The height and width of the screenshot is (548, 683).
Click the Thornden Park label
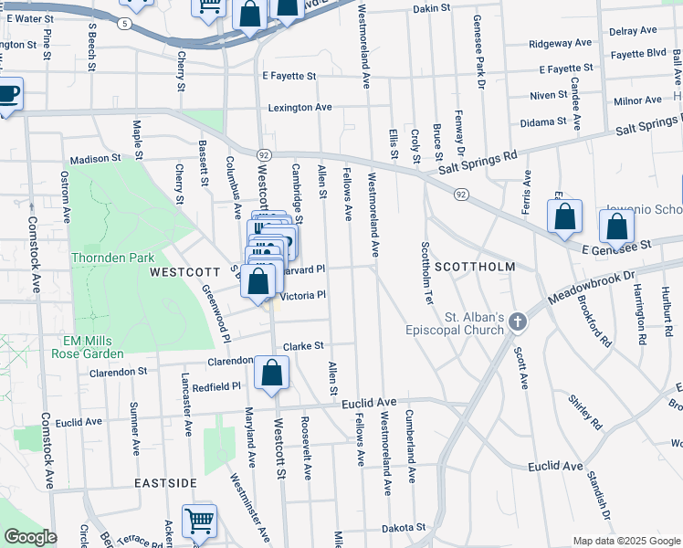tap(113, 258)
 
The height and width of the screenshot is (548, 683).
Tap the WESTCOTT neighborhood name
tap(184, 272)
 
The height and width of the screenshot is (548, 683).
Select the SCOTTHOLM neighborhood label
tap(474, 267)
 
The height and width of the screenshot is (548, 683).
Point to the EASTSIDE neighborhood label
tap(165, 482)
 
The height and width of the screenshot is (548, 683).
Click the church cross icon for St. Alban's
tap(518, 321)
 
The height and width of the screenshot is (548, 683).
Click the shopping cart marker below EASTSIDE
tap(199, 522)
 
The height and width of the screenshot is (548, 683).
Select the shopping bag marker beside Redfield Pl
tap(271, 373)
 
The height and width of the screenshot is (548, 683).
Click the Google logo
tap(29, 537)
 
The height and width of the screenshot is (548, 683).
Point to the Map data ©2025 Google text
tap(625, 541)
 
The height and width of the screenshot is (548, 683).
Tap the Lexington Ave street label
tap(299, 108)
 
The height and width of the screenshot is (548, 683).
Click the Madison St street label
tap(96, 159)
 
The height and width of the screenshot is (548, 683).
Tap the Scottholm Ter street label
tap(426, 275)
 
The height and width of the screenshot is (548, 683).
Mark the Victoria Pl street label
tap(302, 295)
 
